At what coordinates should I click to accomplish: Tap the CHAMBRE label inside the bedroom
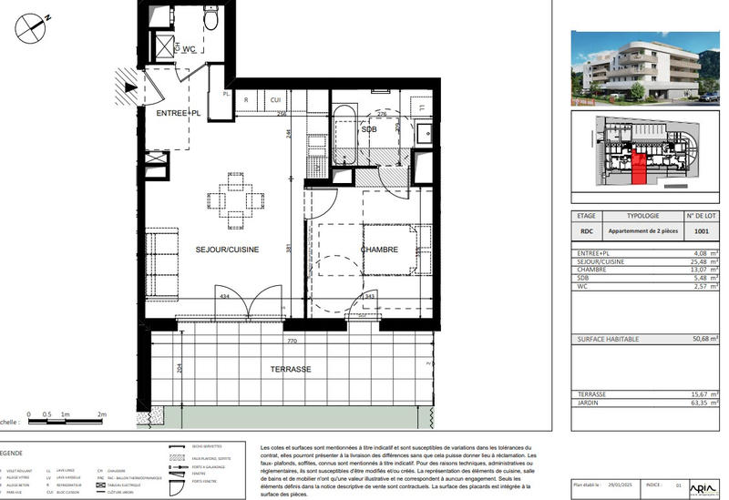(x=379, y=249)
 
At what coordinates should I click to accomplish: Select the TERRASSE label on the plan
(x=292, y=370)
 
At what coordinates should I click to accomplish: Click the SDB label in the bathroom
(x=369, y=130)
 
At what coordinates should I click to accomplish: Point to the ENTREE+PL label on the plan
(x=178, y=113)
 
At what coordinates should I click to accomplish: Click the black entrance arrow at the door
(x=131, y=88)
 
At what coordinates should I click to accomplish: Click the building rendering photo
(x=645, y=66)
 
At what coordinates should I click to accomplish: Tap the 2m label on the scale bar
(x=102, y=413)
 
